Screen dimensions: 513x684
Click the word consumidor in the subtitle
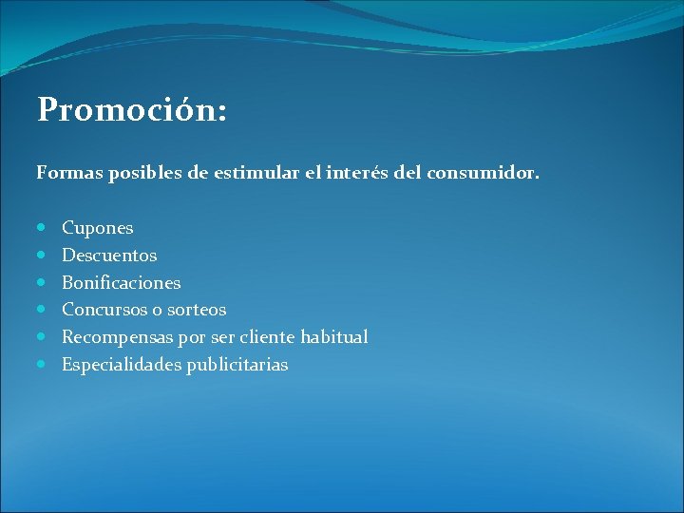pyautogui.click(x=484, y=174)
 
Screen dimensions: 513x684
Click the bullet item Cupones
pyautogui.click(x=98, y=229)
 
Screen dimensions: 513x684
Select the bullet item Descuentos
pyautogui.click(x=109, y=256)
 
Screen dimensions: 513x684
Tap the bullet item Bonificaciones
pyautogui.click(x=122, y=283)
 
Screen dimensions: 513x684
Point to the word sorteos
pyautogui.click(x=196, y=310)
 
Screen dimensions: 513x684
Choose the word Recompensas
pyautogui.click(x=113, y=337)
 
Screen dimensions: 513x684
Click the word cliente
pyautogui.click(x=270, y=337)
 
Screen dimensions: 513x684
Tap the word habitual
pyautogui.click(x=334, y=337)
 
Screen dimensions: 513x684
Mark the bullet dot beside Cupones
pyautogui.click(x=43, y=228)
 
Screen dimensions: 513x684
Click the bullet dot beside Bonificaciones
pyautogui.click(x=43, y=282)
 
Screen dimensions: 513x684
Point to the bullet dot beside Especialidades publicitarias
pyautogui.click(x=43, y=364)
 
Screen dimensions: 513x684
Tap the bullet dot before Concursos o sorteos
pyautogui.click(x=43, y=310)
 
